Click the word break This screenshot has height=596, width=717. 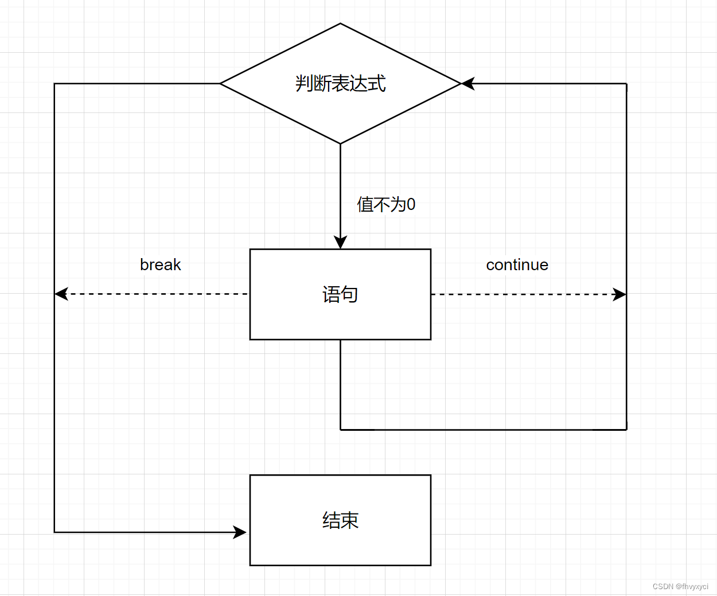click(x=161, y=264)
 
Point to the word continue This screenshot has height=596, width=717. click(x=517, y=264)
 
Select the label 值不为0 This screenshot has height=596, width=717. click(x=385, y=204)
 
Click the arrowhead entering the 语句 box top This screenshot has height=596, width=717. click(x=340, y=243)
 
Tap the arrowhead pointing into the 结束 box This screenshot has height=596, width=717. click(x=240, y=532)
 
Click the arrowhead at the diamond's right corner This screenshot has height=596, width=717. click(x=468, y=84)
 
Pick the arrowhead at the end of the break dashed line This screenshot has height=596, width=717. click(x=61, y=294)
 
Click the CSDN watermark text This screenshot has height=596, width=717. click(x=680, y=586)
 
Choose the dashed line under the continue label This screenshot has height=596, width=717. click(x=522, y=294)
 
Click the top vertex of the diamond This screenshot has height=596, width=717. click(x=340, y=24)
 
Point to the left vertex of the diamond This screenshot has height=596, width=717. click(x=220, y=84)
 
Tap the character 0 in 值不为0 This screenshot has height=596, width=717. click(x=411, y=204)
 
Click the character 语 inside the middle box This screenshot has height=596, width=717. click(x=331, y=294)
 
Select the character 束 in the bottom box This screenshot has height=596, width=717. click(x=349, y=520)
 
